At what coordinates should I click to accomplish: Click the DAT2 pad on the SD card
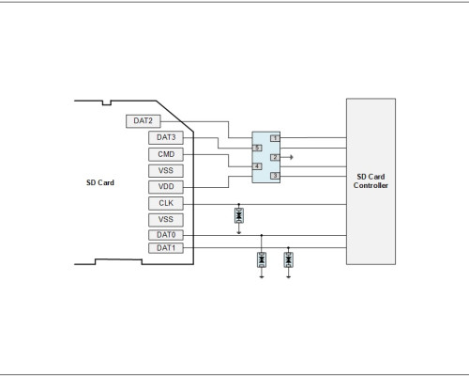(144, 121)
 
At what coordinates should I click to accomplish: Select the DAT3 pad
(166, 138)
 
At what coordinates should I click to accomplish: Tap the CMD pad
(166, 154)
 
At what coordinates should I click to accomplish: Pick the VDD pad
(166, 187)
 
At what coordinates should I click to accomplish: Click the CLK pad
(166, 203)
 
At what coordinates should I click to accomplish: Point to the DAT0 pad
(166, 235)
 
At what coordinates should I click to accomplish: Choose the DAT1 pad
(166, 248)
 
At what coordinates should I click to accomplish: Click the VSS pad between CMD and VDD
(166, 171)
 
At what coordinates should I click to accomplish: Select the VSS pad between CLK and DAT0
(166, 220)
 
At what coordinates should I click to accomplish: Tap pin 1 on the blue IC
(275, 138)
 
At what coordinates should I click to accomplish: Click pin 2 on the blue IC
(275, 157)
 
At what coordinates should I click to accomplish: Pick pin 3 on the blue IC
(275, 176)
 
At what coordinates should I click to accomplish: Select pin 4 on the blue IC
(257, 166)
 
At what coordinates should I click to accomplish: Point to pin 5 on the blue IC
(257, 148)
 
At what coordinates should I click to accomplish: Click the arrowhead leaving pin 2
(292, 157)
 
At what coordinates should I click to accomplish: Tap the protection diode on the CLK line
(239, 215)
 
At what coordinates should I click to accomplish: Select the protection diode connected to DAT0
(262, 259)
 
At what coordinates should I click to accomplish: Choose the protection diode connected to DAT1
(288, 259)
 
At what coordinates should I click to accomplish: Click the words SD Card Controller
(371, 181)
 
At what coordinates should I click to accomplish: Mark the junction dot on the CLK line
(239, 204)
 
